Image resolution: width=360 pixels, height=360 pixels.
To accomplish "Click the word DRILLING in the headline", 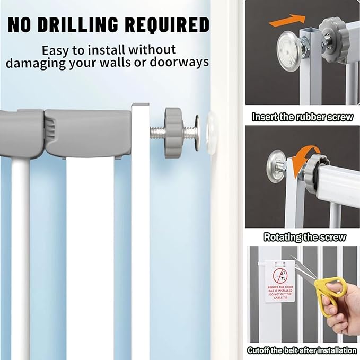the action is [x=77, y=24].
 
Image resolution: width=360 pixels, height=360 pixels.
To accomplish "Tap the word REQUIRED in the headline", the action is [x=167, y=25].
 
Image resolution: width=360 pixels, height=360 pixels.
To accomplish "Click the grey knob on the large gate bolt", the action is [x=173, y=133].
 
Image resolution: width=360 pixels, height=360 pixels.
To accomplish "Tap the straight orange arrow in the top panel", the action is [x=287, y=20].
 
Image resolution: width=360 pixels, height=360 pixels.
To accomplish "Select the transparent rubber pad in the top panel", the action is [x=289, y=51].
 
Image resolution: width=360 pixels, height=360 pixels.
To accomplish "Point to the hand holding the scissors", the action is [x=342, y=307].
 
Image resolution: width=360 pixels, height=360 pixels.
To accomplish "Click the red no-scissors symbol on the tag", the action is [x=280, y=276].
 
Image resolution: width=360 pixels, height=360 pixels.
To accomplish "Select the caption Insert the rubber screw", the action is [x=302, y=117].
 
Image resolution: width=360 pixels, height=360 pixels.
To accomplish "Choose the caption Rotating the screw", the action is [x=304, y=237].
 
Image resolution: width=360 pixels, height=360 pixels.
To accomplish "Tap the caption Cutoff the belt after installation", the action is [x=302, y=350].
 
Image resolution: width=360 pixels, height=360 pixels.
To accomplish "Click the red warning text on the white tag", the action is [x=280, y=292].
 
